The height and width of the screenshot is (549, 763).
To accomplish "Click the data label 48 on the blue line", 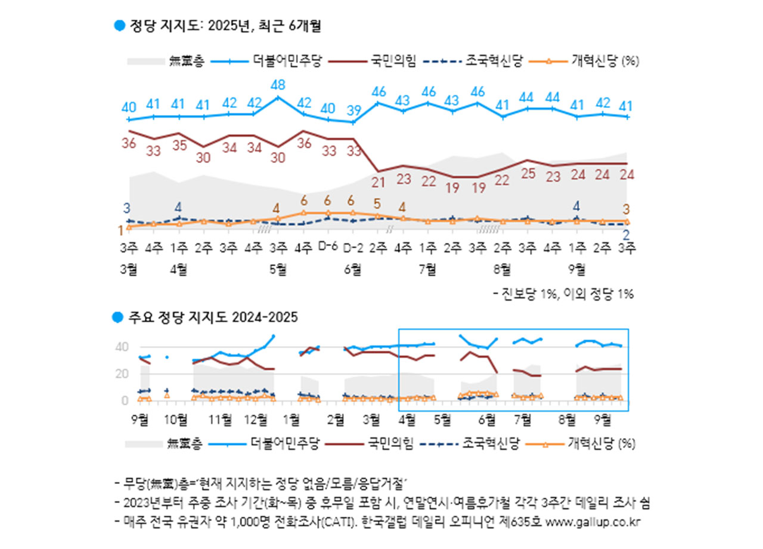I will pyautogui.click(x=278, y=85).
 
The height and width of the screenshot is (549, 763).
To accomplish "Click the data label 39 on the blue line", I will pyautogui.click(x=353, y=110).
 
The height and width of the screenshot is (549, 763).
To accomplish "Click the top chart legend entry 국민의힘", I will pyautogui.click(x=393, y=60).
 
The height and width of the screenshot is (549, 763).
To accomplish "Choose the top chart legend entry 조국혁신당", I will pyautogui.click(x=494, y=60).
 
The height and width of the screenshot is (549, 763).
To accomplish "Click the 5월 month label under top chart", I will pyautogui.click(x=278, y=269).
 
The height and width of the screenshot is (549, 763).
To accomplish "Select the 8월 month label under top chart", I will pyautogui.click(x=503, y=269).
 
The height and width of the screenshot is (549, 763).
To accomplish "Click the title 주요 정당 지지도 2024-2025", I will pyautogui.click(x=213, y=318).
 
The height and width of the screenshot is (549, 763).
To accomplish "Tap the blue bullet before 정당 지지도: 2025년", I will pyautogui.click(x=119, y=25).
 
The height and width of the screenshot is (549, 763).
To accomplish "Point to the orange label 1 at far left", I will pyautogui.click(x=121, y=230).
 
